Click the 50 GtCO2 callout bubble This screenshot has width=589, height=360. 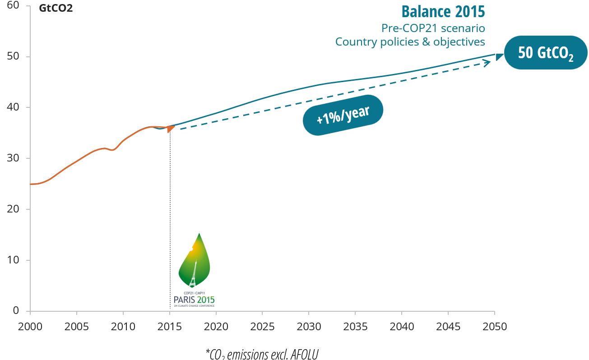(545, 53)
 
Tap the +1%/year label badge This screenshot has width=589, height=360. (343, 115)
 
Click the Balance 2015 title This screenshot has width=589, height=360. (443, 11)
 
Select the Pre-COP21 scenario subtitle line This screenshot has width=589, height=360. (433, 28)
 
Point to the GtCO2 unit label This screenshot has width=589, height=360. (56, 9)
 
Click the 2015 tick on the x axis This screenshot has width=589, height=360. (170, 326)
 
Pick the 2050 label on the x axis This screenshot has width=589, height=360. (495, 326)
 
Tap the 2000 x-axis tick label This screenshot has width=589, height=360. (30, 326)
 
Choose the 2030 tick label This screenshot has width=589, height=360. (309, 326)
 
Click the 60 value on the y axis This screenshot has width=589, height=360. (13, 5)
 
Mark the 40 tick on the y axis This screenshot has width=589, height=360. (13, 107)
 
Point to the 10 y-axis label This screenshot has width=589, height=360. (13, 260)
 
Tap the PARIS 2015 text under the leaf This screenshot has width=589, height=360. (194, 300)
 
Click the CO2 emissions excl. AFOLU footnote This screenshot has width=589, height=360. (262, 354)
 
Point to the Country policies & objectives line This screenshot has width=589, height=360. (410, 42)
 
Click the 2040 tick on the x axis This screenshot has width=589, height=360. (402, 326)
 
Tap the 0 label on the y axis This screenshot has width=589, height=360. (15, 310)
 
